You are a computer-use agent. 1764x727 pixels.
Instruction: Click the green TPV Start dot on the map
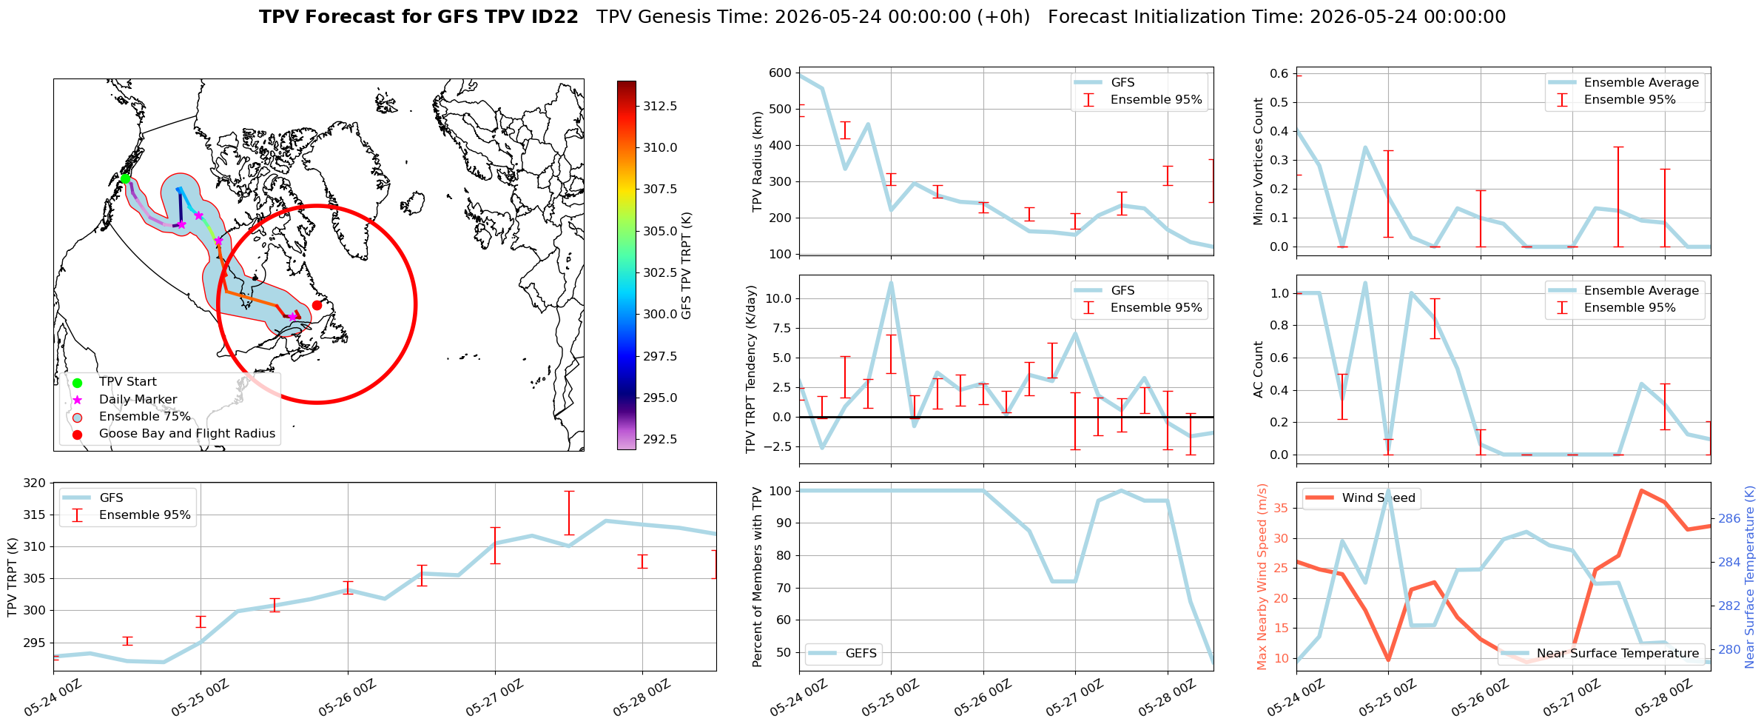[x=125, y=178]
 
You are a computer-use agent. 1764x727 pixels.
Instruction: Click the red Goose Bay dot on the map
[x=317, y=305]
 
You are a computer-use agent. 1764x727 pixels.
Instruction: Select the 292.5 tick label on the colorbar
[x=660, y=439]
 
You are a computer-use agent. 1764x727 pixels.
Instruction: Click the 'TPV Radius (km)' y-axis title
[x=757, y=161]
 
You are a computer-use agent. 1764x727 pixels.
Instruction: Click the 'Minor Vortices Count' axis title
[x=1258, y=161]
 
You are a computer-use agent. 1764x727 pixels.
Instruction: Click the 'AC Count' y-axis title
[x=1258, y=369]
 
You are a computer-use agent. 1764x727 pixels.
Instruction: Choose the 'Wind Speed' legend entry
[x=1360, y=497]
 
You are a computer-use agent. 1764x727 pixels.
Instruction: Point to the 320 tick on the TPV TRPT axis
[x=36, y=483]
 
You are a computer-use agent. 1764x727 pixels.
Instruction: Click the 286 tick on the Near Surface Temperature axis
[x=1729, y=518]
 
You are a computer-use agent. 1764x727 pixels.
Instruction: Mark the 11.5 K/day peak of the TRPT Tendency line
[x=891, y=282]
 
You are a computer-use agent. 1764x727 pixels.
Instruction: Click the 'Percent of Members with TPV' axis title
[x=757, y=577]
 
